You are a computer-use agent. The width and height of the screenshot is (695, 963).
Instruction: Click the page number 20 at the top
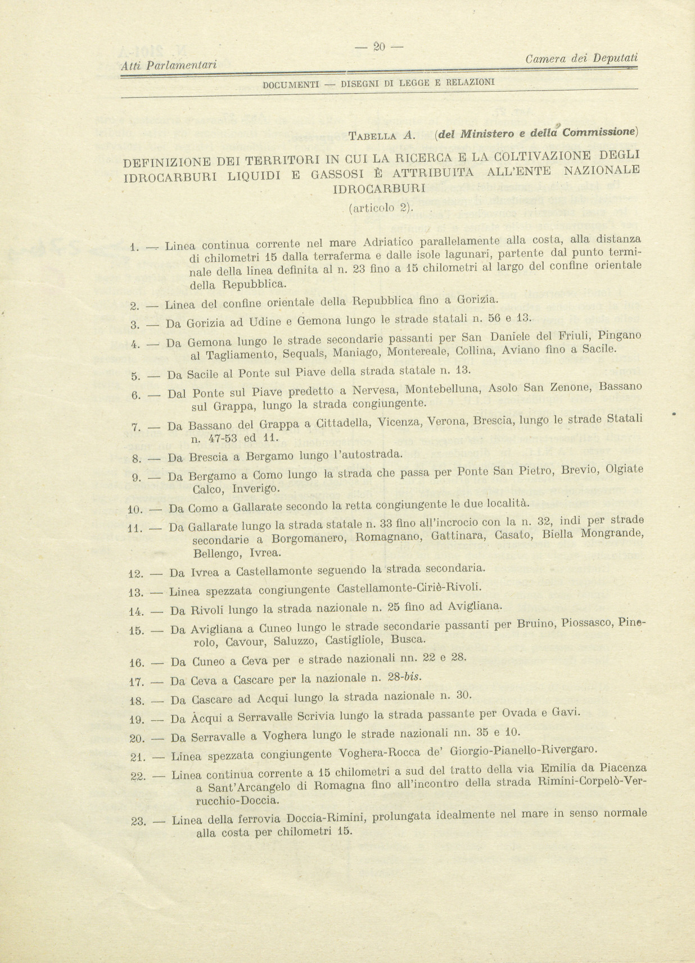378,47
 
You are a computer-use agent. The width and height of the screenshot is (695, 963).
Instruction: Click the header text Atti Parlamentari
169,66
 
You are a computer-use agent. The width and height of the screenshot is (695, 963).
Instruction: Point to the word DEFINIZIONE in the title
166,162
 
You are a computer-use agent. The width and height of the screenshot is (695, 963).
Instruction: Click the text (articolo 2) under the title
381,207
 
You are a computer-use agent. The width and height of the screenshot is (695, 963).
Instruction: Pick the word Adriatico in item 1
388,243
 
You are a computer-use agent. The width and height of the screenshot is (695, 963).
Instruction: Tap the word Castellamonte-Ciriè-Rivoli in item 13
409,588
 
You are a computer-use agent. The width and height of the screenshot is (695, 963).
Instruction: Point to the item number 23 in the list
138,821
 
